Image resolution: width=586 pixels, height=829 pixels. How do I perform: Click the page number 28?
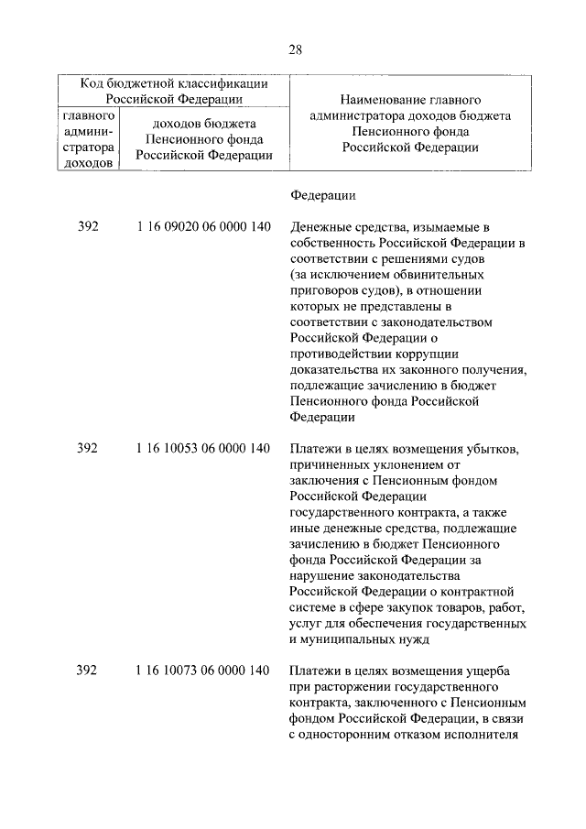pyautogui.click(x=294, y=49)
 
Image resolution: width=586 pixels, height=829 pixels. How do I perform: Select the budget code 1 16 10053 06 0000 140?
pyautogui.click(x=201, y=449)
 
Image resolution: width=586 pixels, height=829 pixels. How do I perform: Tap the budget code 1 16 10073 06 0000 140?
pyautogui.click(x=201, y=671)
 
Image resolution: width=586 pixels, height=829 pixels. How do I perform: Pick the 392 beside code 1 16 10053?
pyautogui.click(x=87, y=449)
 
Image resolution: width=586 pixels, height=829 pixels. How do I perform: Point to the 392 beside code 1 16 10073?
pyautogui.click(x=87, y=671)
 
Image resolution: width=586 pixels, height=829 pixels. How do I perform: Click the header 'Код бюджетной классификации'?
pyautogui.click(x=174, y=83)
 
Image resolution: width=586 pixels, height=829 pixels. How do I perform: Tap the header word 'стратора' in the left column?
pyautogui.click(x=89, y=148)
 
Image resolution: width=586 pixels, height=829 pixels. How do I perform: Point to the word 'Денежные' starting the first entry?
pyautogui.click(x=320, y=227)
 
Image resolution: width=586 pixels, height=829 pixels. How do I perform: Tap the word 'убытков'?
pyautogui.click(x=492, y=449)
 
